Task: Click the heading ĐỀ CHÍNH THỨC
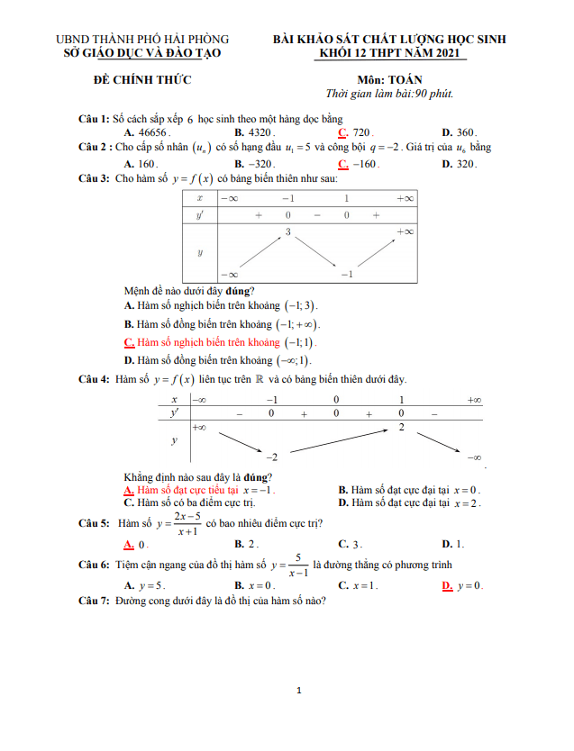point(142,80)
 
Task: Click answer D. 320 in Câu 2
point(459,164)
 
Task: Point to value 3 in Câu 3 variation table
point(287,232)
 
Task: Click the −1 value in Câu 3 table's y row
point(346,274)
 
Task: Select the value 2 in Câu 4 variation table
point(401,425)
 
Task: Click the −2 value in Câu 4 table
point(270,457)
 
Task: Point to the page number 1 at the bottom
point(298,691)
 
